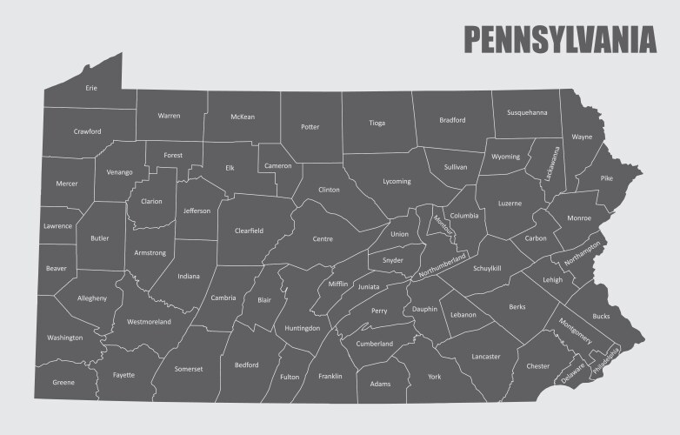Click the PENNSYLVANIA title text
point(559,39)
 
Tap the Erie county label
point(91,88)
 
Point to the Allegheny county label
point(92,298)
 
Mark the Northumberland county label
point(443,264)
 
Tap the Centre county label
point(323,238)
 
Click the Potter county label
point(310,127)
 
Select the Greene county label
point(63,382)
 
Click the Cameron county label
point(278,165)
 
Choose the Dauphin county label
point(425,309)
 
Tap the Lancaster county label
point(486,356)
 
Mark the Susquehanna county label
point(527,112)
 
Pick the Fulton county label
point(290,377)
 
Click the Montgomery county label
point(576,328)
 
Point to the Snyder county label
point(392,260)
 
